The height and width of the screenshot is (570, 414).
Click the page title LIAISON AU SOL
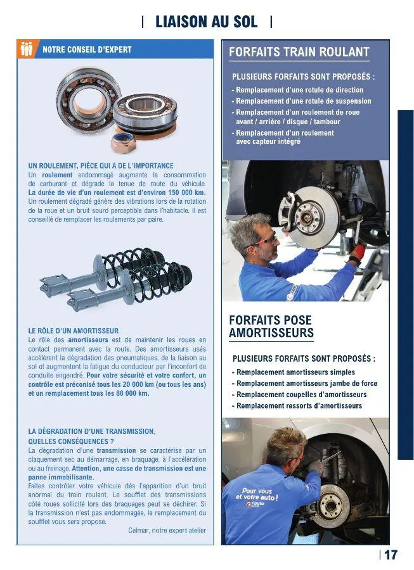207,22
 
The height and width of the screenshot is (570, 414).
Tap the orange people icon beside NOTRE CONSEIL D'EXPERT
27,49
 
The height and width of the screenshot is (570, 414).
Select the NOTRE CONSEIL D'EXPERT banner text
87,49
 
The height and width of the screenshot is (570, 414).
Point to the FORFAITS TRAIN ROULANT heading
299,52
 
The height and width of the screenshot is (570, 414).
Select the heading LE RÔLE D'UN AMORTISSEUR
74,331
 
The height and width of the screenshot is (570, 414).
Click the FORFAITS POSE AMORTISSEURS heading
271,326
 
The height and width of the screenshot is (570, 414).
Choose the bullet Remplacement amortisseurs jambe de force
305,383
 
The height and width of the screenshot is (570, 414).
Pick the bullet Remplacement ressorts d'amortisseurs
297,405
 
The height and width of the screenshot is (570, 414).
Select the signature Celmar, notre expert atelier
167,530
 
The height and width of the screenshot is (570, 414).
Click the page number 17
391,555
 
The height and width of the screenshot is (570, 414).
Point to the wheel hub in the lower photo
330,504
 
